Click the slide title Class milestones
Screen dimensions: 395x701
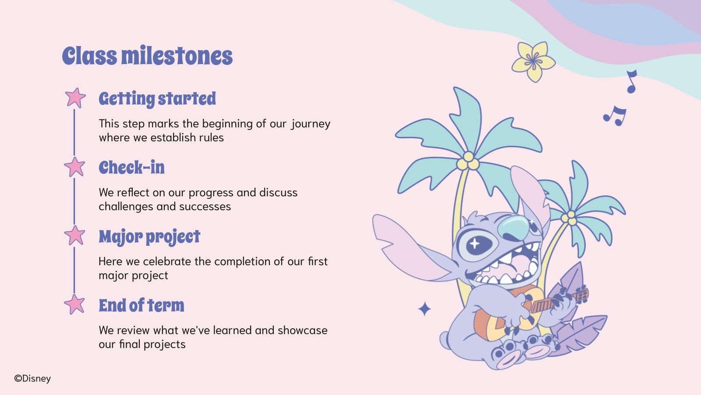click(147, 56)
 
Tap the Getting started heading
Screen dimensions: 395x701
click(157, 99)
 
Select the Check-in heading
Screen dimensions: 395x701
click(131, 168)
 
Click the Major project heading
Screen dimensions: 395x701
click(149, 237)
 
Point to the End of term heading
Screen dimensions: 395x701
click(142, 305)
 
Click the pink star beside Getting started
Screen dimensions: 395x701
click(75, 97)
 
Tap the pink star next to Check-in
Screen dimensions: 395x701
click(75, 167)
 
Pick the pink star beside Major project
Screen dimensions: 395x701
click(75, 235)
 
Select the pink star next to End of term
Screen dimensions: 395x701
click(75, 304)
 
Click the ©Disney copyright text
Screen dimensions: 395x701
click(32, 378)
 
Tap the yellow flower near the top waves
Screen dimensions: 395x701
click(533, 61)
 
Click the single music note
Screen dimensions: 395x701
click(631, 82)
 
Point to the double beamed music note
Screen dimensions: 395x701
click(615, 116)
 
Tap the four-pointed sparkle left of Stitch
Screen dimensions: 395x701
click(424, 309)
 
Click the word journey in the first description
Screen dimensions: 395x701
click(311, 124)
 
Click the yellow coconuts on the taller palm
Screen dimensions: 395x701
click(468, 161)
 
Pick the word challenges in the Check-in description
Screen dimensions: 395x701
click(123, 207)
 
